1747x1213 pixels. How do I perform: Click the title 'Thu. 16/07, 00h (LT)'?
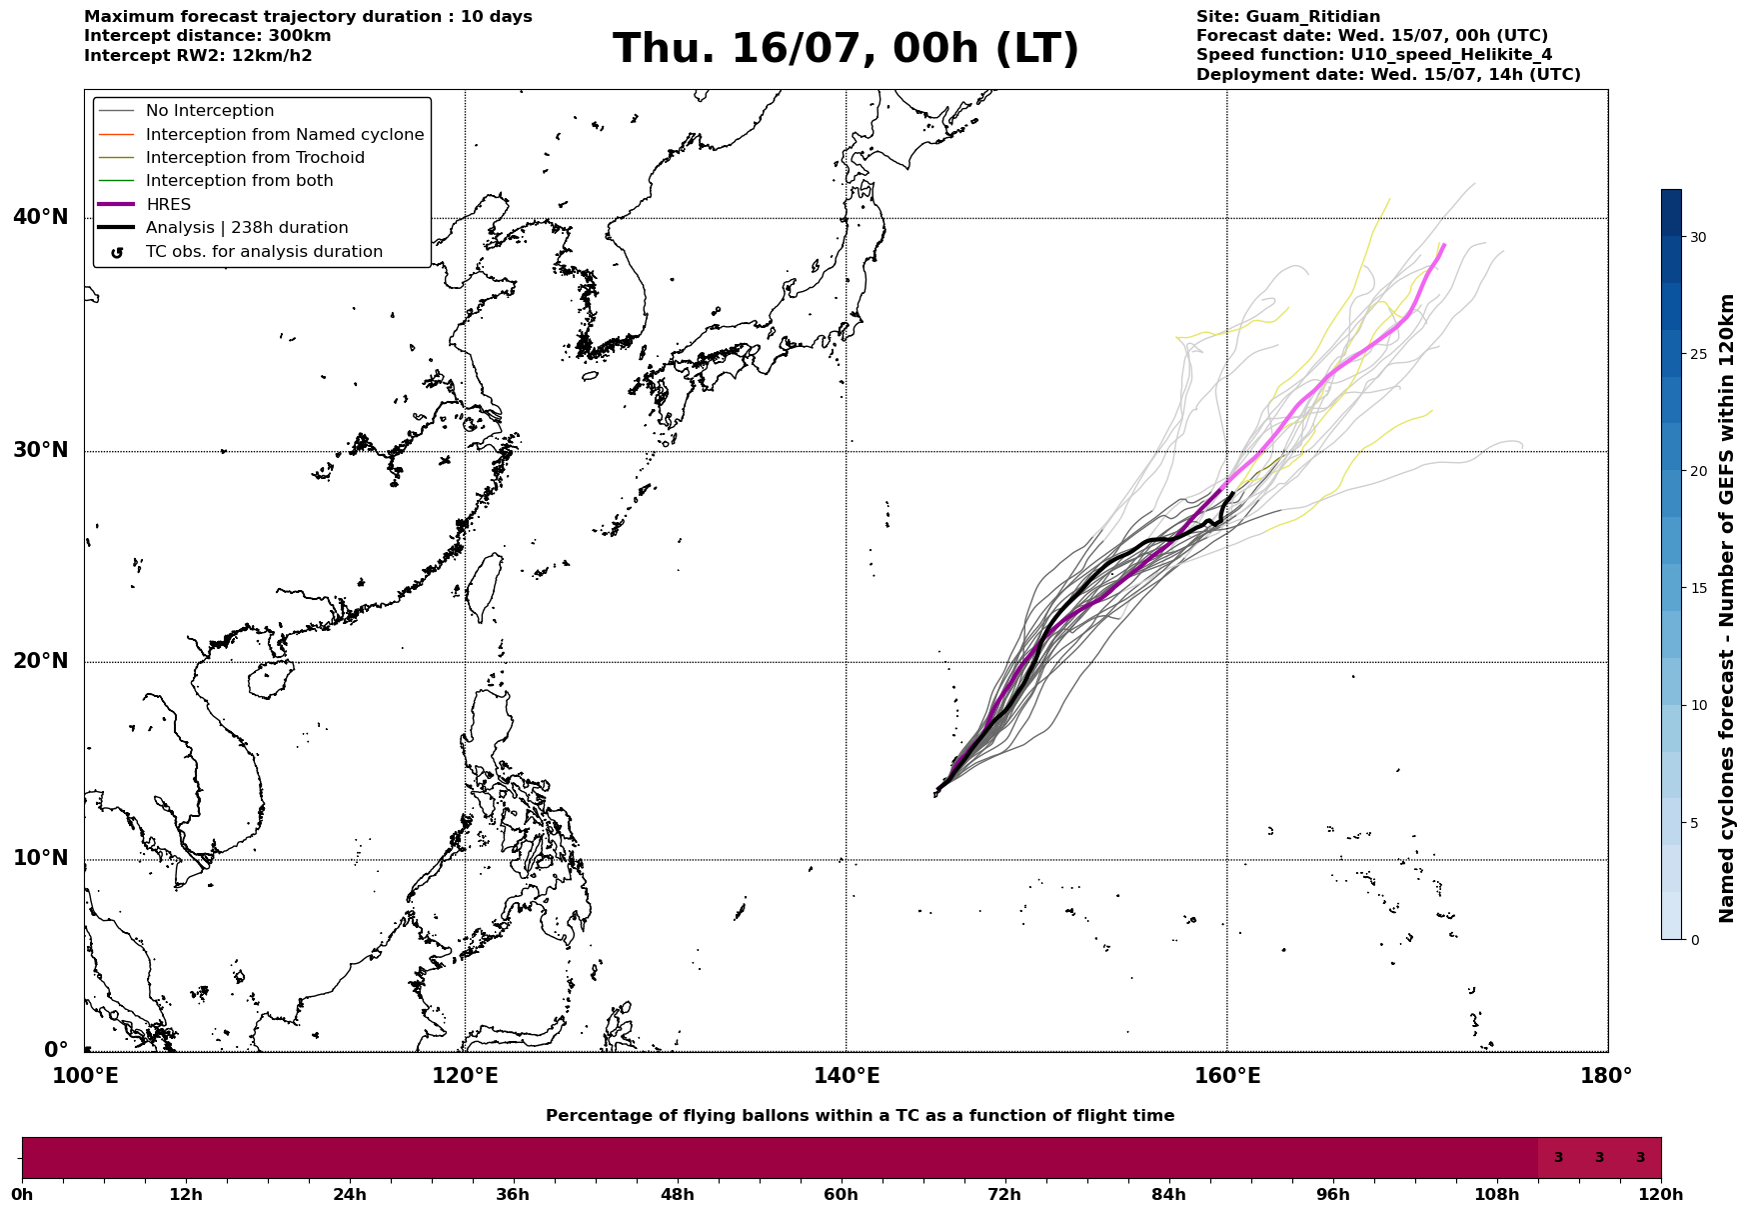click(x=846, y=49)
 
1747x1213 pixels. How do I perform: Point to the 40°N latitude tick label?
click(x=41, y=217)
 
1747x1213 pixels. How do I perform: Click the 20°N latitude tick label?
click(x=41, y=661)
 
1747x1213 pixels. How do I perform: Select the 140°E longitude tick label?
click(x=847, y=1077)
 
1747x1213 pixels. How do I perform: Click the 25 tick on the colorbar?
click(x=1698, y=354)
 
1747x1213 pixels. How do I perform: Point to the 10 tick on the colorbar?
click(x=1698, y=705)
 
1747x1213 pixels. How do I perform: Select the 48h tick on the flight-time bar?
click(x=677, y=1194)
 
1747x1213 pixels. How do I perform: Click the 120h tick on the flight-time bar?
click(x=1661, y=1194)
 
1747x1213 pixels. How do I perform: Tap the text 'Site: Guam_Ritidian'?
click(x=1288, y=17)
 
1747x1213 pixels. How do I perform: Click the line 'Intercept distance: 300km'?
click(x=208, y=36)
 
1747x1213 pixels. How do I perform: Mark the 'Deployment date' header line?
click(x=1388, y=75)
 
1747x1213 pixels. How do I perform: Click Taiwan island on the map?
click(x=485, y=588)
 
